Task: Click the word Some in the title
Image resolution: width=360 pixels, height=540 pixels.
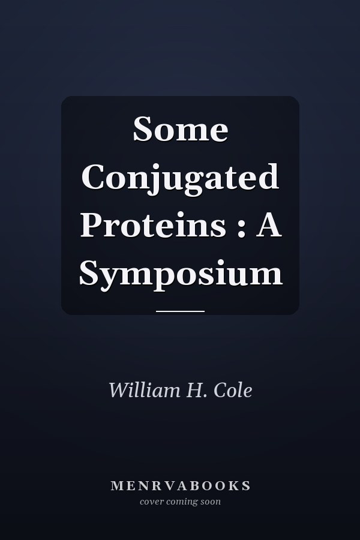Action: click(181, 129)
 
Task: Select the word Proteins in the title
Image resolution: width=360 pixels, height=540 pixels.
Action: click(154, 225)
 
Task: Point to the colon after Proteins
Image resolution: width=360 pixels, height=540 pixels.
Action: click(241, 229)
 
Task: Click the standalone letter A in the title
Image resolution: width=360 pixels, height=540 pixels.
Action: click(269, 225)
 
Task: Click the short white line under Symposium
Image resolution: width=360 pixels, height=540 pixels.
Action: click(180, 311)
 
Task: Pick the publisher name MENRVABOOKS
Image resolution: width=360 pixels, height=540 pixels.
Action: click(181, 485)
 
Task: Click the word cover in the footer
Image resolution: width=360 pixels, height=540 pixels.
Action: click(152, 502)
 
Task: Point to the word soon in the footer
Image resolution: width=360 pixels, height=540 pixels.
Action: click(211, 502)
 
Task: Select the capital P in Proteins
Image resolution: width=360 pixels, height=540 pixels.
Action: click(91, 225)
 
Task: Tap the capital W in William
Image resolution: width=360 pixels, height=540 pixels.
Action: click(119, 390)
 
